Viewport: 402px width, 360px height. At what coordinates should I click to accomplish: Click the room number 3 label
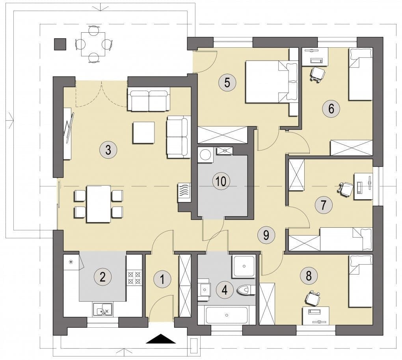click(108, 150)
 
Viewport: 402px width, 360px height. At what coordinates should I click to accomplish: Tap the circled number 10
click(221, 181)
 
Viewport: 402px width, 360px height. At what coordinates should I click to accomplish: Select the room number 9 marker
click(266, 235)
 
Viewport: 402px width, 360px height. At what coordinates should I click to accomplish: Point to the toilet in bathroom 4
click(245, 290)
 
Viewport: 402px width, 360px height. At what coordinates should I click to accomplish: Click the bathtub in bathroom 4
click(227, 315)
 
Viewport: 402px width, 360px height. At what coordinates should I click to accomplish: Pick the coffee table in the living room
click(143, 132)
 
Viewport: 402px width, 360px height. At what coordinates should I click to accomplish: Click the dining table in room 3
click(99, 204)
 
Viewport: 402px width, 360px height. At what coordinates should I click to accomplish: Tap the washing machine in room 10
click(205, 155)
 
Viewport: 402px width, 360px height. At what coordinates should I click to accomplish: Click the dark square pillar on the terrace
click(60, 44)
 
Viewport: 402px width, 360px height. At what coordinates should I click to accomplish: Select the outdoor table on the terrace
click(93, 44)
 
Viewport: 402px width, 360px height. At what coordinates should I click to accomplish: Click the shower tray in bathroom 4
click(244, 266)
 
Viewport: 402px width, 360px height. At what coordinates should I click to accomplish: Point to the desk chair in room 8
click(313, 297)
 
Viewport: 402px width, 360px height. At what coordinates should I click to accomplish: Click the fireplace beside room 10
click(184, 193)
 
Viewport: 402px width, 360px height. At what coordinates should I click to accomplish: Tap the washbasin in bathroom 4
click(204, 290)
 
